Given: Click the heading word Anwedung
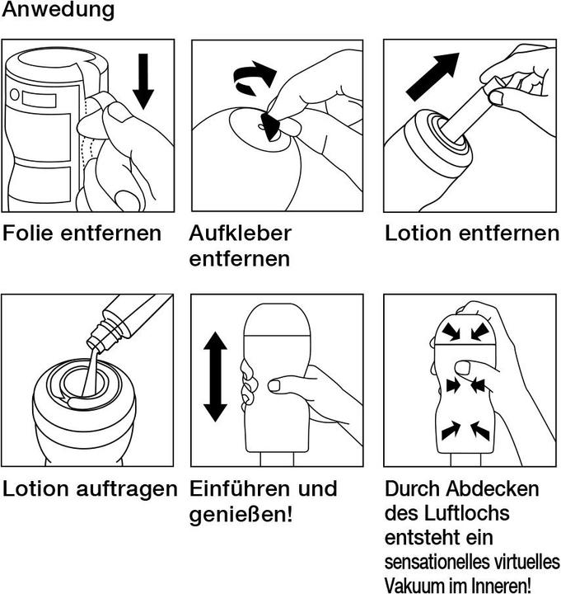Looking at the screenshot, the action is coord(58,9).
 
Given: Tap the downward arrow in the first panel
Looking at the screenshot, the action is coord(143,82).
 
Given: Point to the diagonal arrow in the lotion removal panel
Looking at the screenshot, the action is coord(432,77).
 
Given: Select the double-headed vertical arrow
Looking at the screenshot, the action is coord(215,376).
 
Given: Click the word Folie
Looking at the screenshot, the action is coord(28,233).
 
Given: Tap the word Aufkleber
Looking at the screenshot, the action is coord(241,233).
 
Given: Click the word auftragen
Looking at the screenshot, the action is coord(127,489).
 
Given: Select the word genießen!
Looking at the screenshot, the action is coord(241,515).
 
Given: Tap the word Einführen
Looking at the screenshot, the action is coord(241,488).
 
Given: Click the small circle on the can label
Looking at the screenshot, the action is coord(15,94).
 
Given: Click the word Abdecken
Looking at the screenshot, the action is coord(493,489).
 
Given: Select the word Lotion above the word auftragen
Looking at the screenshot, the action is coord(37,488).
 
